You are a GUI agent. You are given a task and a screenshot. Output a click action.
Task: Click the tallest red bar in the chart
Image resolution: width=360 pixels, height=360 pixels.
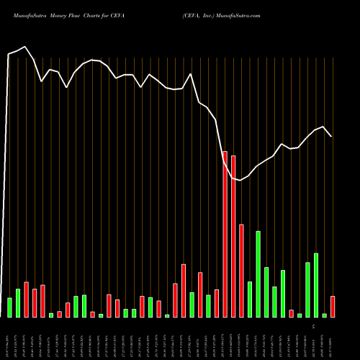pos(225,234)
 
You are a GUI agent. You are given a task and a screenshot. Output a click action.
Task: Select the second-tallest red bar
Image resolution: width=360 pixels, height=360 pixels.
pos(233,236)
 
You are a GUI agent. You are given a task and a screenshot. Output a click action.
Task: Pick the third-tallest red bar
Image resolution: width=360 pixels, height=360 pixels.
pos(241,271)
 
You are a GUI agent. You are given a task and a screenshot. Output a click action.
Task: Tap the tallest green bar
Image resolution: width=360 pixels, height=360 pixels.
pos(258,274)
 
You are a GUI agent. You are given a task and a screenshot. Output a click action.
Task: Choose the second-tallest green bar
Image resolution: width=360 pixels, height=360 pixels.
pos(316,285)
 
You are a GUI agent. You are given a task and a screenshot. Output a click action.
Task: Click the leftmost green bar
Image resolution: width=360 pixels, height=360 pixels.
pos(9,307)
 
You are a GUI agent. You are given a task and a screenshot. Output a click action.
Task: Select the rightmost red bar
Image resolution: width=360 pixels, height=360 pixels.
pos(333,307)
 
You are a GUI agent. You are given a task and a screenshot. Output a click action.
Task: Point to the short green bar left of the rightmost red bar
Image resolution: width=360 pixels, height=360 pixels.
pos(325,315)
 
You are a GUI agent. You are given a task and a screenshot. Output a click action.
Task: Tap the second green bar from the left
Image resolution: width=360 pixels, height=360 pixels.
pos(18,303)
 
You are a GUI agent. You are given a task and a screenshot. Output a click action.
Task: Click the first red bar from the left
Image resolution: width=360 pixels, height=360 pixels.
pos(27,300)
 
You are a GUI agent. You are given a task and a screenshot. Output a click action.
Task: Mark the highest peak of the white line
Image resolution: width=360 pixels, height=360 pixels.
pos(25,47)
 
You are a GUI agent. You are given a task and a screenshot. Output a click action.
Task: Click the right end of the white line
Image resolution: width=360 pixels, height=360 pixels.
pos(331,136)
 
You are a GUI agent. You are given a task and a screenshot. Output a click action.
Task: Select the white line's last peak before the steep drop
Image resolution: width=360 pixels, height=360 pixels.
pos(191,74)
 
